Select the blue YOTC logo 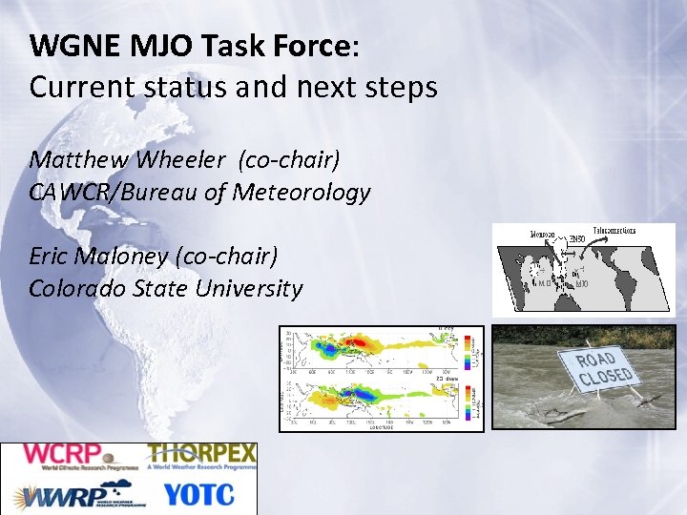coord(198,495)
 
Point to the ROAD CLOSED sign coord(604,369)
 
